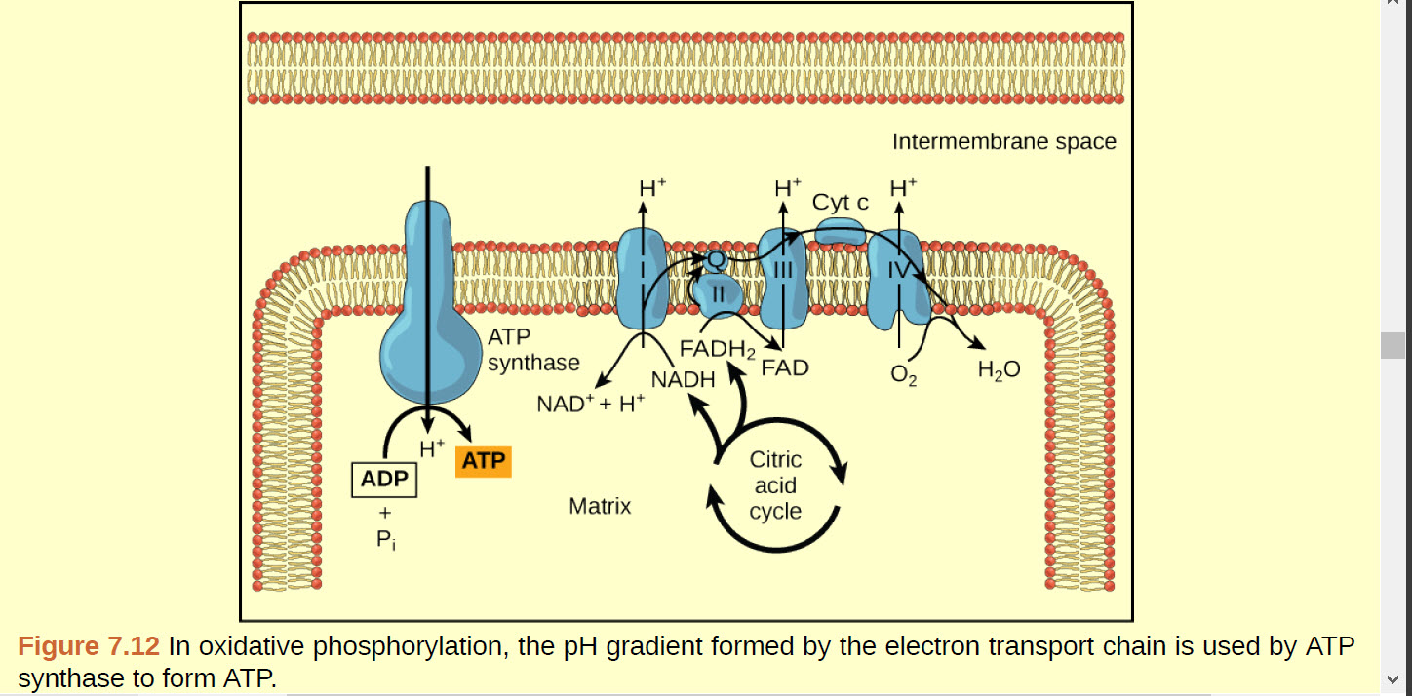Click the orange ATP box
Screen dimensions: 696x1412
(483, 461)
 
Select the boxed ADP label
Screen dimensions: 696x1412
(383, 480)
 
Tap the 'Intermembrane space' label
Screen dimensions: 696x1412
(1003, 142)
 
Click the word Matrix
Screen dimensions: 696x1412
(600, 507)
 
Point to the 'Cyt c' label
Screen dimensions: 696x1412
(840, 203)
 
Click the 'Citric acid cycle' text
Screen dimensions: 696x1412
(775, 485)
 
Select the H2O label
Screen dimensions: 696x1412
(999, 370)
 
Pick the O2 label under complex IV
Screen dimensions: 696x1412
(904, 375)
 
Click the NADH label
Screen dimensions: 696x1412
(683, 379)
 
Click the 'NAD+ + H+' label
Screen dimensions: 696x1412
(591, 403)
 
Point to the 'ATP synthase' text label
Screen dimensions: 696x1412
(532, 351)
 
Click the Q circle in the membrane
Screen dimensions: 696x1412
(716, 260)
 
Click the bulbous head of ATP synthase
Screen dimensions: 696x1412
(427, 351)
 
